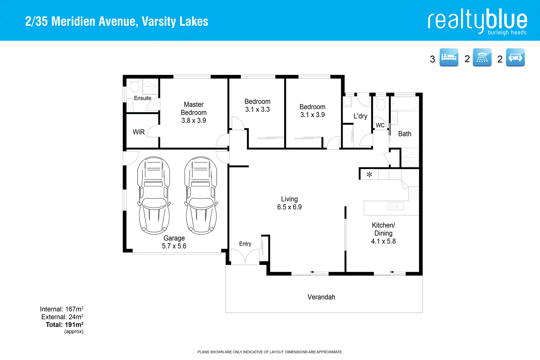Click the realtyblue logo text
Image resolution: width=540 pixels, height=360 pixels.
(x=477, y=21)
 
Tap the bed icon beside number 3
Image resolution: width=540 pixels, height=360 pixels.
(x=449, y=57)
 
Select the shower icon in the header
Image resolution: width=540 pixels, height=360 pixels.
(x=482, y=57)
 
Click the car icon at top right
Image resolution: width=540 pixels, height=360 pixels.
(x=515, y=57)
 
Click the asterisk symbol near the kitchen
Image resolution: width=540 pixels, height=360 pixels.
(x=369, y=175)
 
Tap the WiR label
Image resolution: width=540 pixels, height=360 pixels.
(x=138, y=132)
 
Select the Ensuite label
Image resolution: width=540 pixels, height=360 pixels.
(x=142, y=98)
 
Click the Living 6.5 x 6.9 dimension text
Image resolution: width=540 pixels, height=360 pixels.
(x=289, y=207)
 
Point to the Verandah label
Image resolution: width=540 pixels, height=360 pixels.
(x=321, y=297)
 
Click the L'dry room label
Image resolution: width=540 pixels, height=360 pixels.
(x=360, y=116)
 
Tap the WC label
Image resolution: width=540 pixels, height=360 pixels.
(x=380, y=125)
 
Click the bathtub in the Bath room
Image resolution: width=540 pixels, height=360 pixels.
(x=404, y=104)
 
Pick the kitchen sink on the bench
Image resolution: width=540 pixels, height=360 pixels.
(x=395, y=206)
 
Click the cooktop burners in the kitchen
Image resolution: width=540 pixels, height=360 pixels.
(x=414, y=195)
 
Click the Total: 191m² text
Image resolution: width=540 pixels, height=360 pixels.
(x=64, y=325)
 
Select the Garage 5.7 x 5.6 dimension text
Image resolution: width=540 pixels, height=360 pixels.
(x=174, y=246)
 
